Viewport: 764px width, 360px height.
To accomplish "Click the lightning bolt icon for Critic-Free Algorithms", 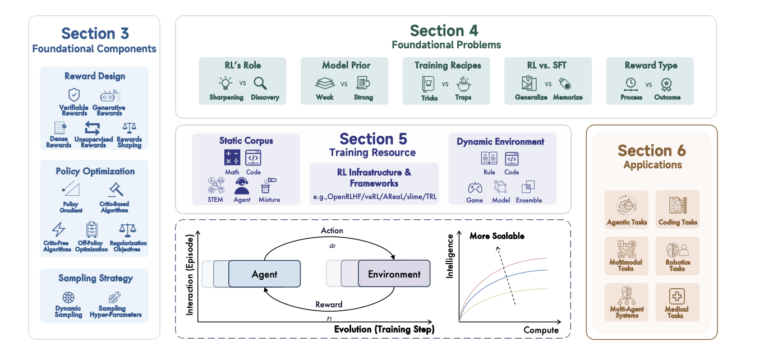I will [x=58, y=229].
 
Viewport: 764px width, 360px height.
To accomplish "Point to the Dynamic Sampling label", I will [x=68, y=311].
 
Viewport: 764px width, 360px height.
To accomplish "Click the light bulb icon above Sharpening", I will [x=225, y=84].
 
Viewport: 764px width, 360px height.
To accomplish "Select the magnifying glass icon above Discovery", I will [x=260, y=84].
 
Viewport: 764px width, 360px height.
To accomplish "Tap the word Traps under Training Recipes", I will [x=463, y=98].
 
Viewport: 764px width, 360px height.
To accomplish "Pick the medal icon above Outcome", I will [x=666, y=84].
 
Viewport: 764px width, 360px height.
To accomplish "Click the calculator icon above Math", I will [x=232, y=158].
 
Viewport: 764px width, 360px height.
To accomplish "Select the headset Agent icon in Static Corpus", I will [x=242, y=186].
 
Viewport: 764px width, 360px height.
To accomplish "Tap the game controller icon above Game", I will [x=475, y=187].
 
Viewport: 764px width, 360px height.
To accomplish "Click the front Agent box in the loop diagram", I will [x=264, y=274].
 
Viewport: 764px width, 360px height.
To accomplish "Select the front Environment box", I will [x=394, y=274].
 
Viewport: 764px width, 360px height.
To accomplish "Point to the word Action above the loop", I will [x=332, y=230].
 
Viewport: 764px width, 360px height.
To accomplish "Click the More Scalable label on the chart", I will [x=496, y=236].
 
